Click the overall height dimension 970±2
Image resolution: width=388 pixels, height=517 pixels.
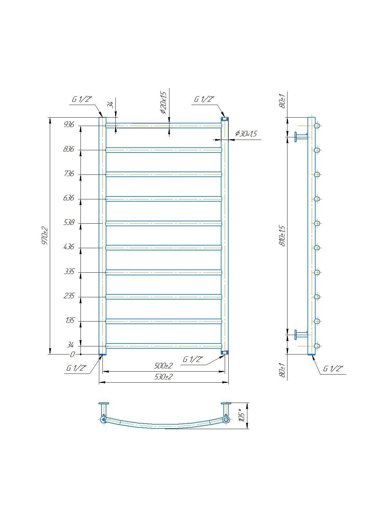pos(45,236)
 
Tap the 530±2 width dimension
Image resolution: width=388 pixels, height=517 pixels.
pos(164,377)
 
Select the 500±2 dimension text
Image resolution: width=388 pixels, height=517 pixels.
pos(164,366)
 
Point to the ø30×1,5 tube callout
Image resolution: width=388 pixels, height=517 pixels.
pos(246,134)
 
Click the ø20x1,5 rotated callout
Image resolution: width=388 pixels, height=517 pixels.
pos(163,103)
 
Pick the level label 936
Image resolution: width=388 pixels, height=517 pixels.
pos(69,125)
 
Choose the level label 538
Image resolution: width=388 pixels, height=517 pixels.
pos(69,222)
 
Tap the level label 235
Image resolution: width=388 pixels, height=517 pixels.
pos(69,296)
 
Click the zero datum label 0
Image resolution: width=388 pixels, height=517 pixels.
pos(72,354)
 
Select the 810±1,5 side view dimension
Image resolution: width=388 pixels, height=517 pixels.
pos(282,236)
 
